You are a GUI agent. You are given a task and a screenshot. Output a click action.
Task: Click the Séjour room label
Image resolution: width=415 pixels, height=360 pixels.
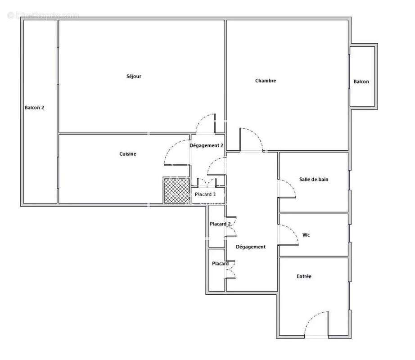coord(134,76)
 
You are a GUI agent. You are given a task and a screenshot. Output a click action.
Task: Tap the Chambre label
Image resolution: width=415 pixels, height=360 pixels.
coord(266,81)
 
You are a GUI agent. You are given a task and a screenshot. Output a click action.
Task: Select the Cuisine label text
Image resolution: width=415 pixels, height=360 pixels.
coord(127,154)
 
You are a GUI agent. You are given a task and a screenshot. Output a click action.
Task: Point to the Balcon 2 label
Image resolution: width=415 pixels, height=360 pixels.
coord(34,108)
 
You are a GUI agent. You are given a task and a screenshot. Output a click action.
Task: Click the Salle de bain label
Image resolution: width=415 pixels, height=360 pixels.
coord(314,180)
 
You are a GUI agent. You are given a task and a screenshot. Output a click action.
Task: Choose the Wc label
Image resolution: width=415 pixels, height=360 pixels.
coord(306,235)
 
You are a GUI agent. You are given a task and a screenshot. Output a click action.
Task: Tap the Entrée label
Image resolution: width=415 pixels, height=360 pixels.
coord(304,276)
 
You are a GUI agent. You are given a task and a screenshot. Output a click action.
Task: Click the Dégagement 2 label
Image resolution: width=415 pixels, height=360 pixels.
coord(206,145)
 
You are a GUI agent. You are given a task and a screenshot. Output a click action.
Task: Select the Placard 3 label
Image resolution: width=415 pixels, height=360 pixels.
coord(205,194)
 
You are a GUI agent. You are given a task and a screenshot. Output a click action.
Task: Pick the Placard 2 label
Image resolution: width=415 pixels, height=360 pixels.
coord(220,224)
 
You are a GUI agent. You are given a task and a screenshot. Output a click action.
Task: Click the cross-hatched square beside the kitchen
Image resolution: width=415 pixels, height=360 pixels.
coord(177,191)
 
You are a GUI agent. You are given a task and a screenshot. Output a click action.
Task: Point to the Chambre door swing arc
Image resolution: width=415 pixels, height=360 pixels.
coord(257,135)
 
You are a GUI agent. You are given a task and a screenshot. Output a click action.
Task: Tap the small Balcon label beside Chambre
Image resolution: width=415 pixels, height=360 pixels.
coord(361,81)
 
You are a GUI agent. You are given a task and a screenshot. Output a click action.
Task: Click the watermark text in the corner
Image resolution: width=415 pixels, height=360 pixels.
coord(44,15)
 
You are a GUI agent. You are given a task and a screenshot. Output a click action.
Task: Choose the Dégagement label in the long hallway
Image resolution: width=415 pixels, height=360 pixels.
coord(251,247)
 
